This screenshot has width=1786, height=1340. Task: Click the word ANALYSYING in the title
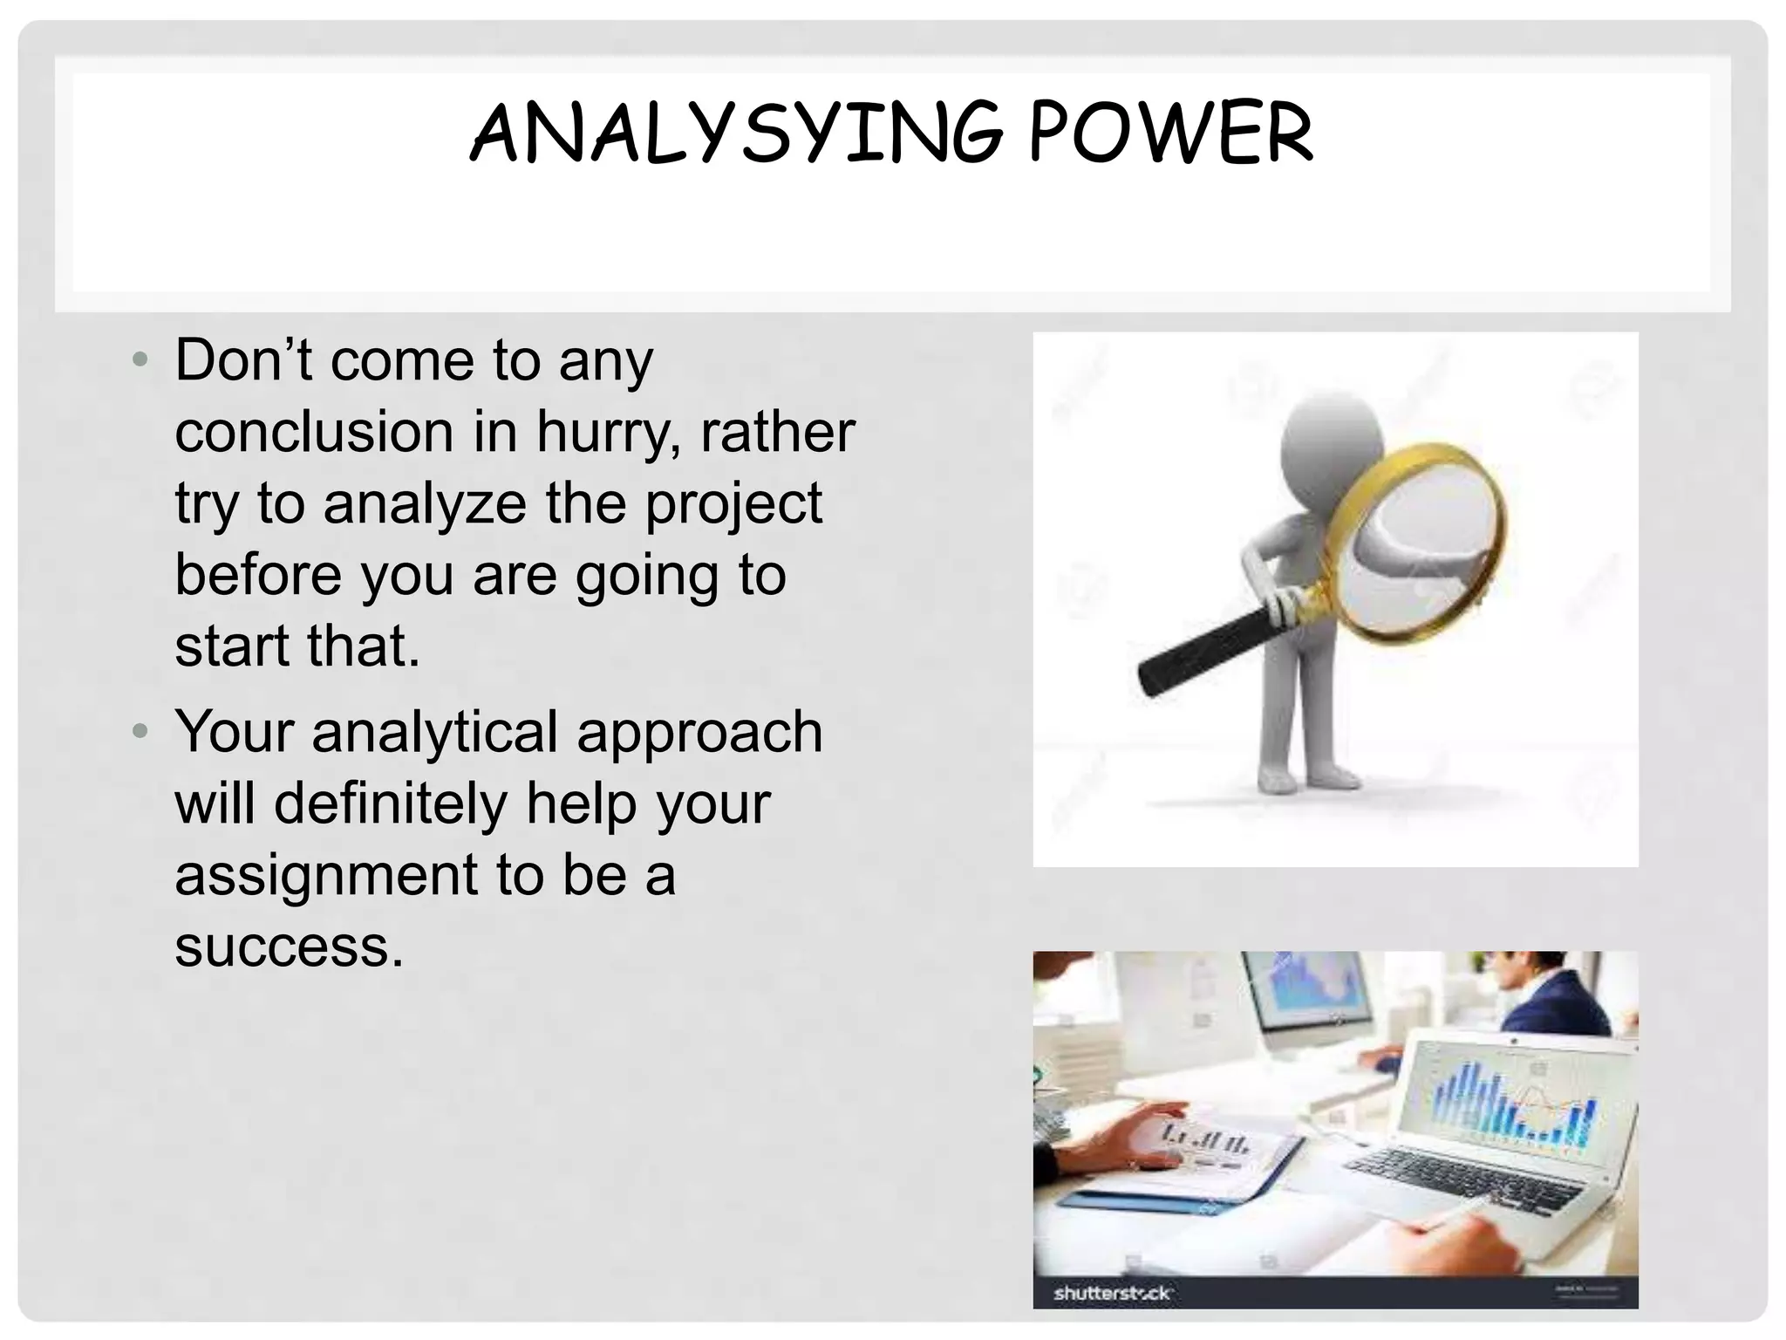point(737,133)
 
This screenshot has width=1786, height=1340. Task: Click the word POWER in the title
point(1170,133)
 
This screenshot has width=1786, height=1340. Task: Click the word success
point(289,946)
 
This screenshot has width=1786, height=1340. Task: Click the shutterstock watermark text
point(1113,1292)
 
